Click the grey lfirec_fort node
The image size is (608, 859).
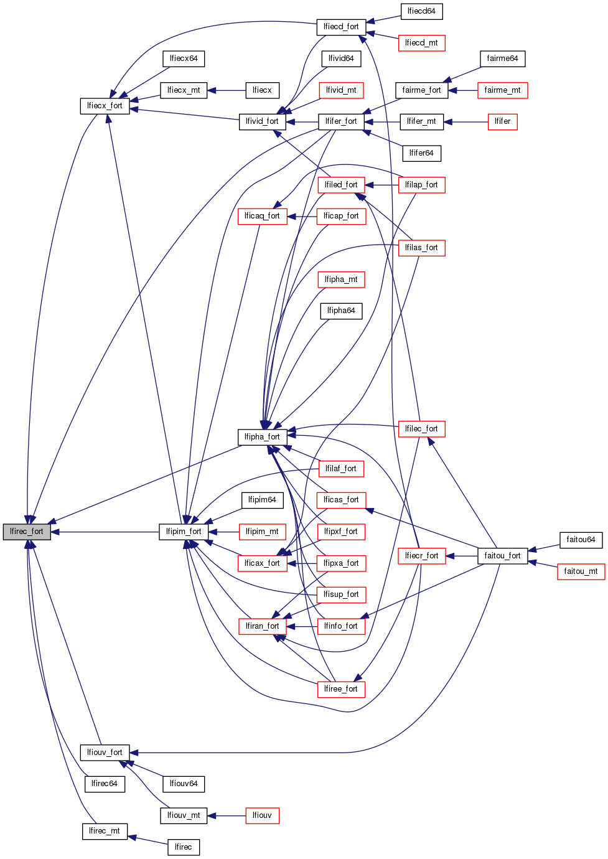click(27, 532)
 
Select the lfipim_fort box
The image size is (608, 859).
click(184, 532)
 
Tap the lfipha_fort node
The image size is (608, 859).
click(262, 437)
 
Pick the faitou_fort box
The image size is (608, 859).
click(502, 556)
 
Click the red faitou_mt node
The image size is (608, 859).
click(581, 571)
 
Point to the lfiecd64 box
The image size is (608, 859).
click(421, 11)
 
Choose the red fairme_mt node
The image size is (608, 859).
click(502, 90)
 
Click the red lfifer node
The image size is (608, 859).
click(502, 121)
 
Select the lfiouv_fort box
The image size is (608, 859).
click(105, 753)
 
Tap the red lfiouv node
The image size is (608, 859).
click(262, 815)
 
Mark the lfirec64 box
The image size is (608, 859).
click(105, 784)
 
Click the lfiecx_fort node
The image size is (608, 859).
click(105, 106)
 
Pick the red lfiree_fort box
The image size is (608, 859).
click(341, 689)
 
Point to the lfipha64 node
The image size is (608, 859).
click(341, 311)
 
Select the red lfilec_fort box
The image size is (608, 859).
click(421, 429)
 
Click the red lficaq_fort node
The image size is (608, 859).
click(262, 216)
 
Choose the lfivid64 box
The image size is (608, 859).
click(341, 59)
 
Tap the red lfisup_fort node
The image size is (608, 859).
click(341, 594)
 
